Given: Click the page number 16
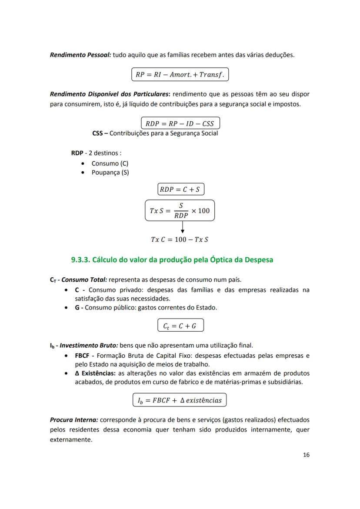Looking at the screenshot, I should click(306, 455).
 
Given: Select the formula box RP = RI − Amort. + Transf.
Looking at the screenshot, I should click(180, 74).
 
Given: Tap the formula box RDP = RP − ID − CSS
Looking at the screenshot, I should click(180, 123).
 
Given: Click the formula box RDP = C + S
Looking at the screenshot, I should click(180, 189).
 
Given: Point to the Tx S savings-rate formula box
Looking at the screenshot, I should click(180, 211).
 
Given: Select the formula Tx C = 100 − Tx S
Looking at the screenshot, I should click(180, 240).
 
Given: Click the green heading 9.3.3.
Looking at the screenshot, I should click(172, 260).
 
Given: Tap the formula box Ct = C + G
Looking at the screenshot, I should click(180, 326).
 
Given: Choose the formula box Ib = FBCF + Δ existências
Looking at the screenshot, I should click(180, 400).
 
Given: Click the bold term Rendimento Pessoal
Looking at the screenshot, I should click(80, 55).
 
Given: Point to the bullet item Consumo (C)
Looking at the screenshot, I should click(110, 163).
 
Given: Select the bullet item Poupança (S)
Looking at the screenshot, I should click(110, 173).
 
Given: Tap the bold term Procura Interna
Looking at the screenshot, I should click(74, 420).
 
